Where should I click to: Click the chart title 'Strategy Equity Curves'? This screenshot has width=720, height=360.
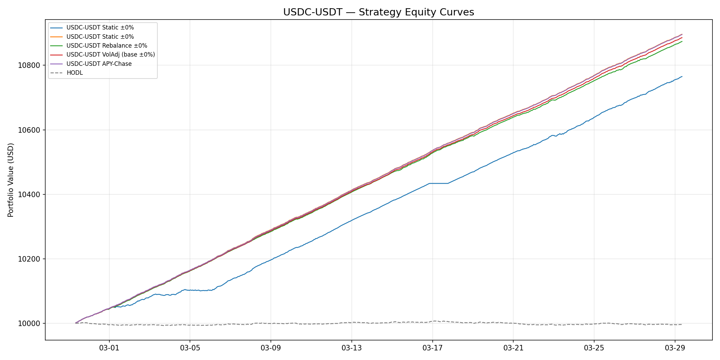pyautogui.click(x=379, y=12)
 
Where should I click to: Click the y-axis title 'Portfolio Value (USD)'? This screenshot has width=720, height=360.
pyautogui.click(x=11, y=180)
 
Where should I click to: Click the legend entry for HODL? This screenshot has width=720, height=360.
pyautogui.click(x=74, y=73)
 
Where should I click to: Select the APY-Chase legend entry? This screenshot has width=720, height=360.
pyautogui.click(x=99, y=64)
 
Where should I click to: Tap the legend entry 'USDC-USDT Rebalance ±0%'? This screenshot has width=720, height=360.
pyautogui.click(x=107, y=46)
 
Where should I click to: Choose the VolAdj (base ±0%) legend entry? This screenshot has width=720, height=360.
pyautogui.click(x=110, y=55)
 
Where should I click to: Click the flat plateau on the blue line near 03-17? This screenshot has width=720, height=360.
pyautogui.click(x=439, y=183)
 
